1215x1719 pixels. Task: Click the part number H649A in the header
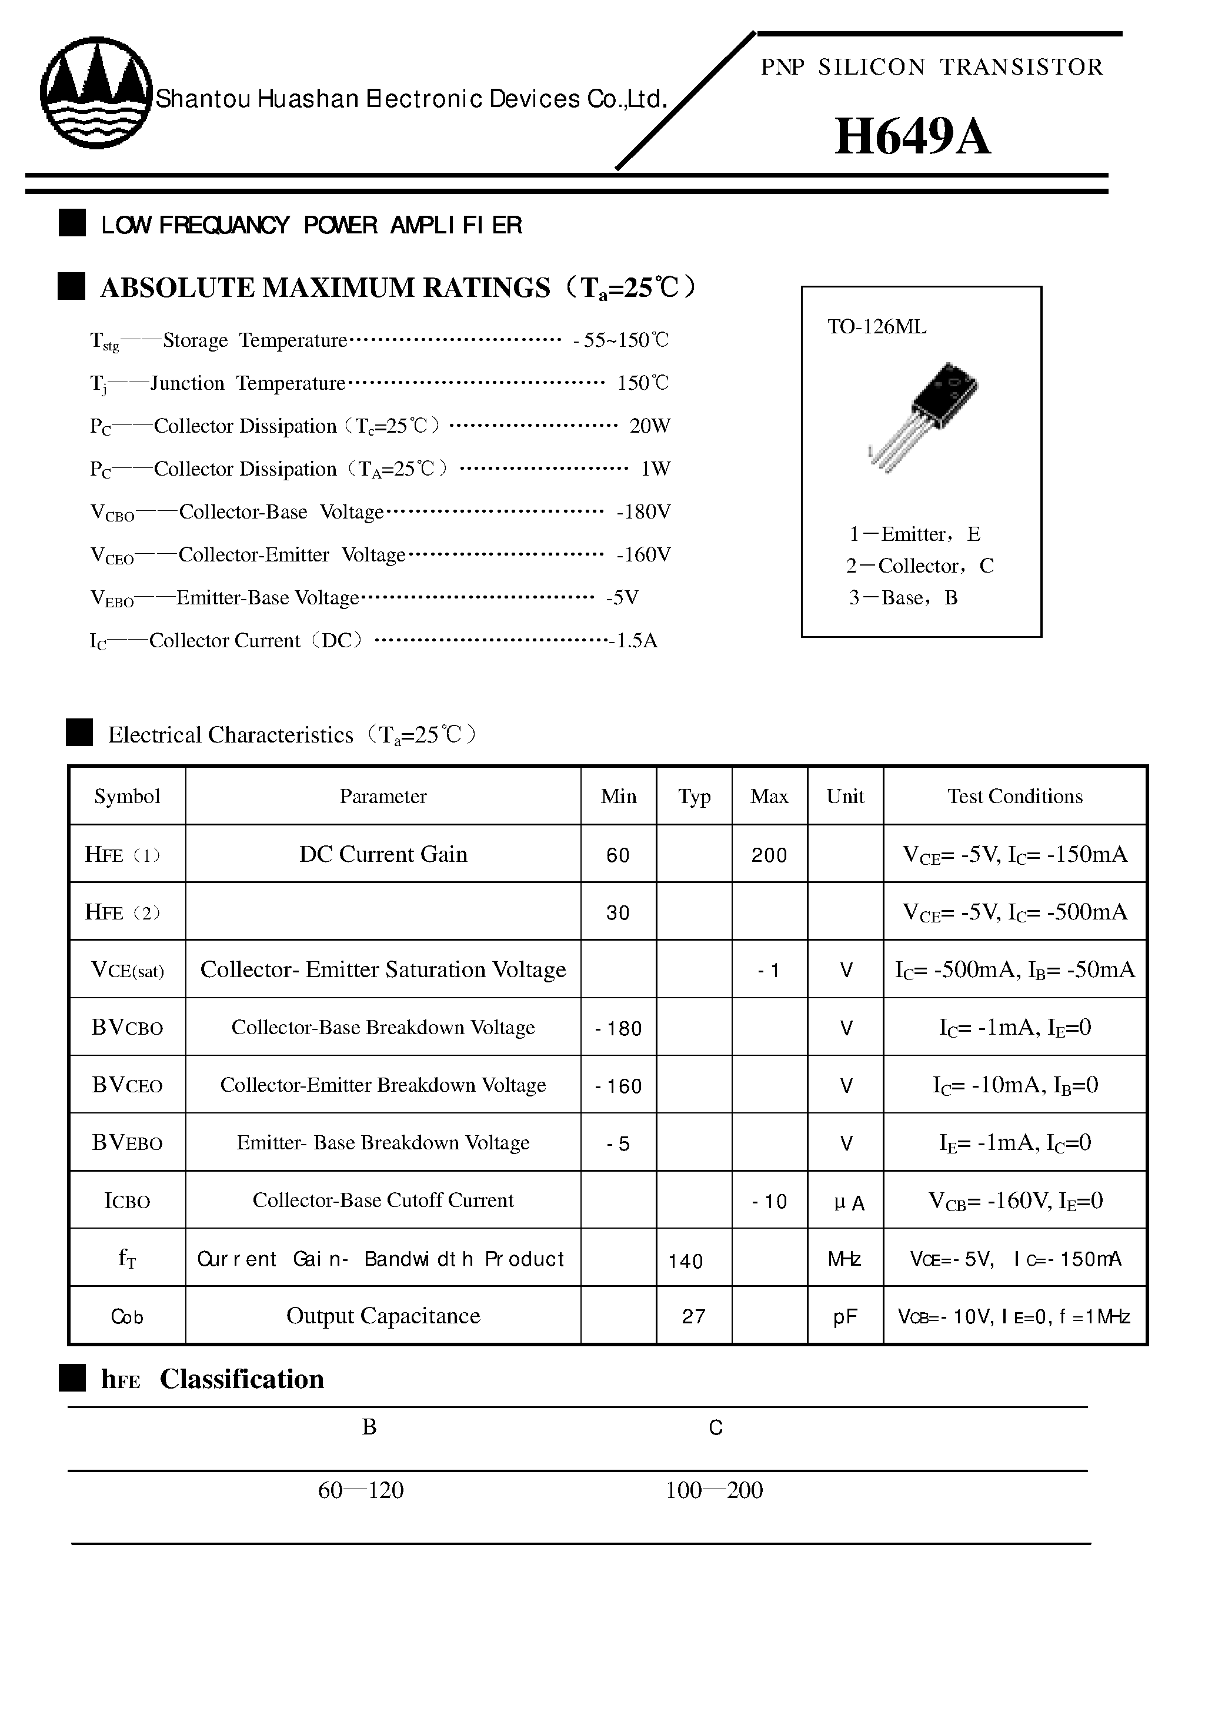912,137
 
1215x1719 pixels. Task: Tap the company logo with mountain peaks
96,93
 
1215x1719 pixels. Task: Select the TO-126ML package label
876,327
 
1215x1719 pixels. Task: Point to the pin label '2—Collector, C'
920,566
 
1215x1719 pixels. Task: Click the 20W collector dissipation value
649,426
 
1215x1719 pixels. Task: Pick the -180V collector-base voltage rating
643,512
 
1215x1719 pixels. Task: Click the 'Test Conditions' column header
1014,797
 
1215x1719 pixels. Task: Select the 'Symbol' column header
128,797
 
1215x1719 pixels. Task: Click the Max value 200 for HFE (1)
769,855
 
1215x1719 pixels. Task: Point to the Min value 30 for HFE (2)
618,912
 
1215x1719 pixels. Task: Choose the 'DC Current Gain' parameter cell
383,854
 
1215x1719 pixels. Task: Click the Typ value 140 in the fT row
685,1262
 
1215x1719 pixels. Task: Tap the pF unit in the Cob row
845,1317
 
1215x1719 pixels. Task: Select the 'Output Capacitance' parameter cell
383,1316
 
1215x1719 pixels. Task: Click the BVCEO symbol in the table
128,1086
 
